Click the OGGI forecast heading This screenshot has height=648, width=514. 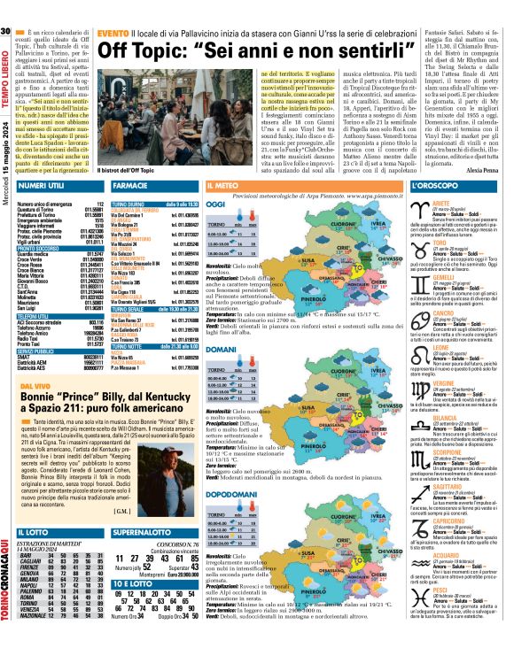point(215,204)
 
